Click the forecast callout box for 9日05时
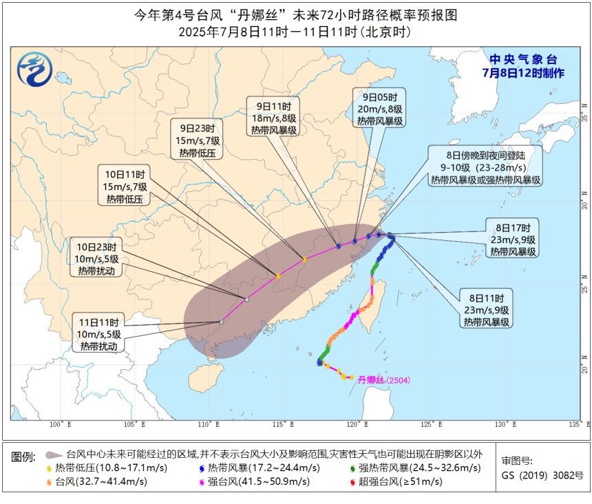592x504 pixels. click(x=379, y=108)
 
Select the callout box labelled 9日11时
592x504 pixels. click(x=274, y=118)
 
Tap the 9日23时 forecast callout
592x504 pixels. click(x=198, y=140)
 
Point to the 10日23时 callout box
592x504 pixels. click(x=96, y=258)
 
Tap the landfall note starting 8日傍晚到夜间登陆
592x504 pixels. click(x=485, y=167)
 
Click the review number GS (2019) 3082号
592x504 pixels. click(x=542, y=475)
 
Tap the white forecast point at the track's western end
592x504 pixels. click(x=222, y=322)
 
